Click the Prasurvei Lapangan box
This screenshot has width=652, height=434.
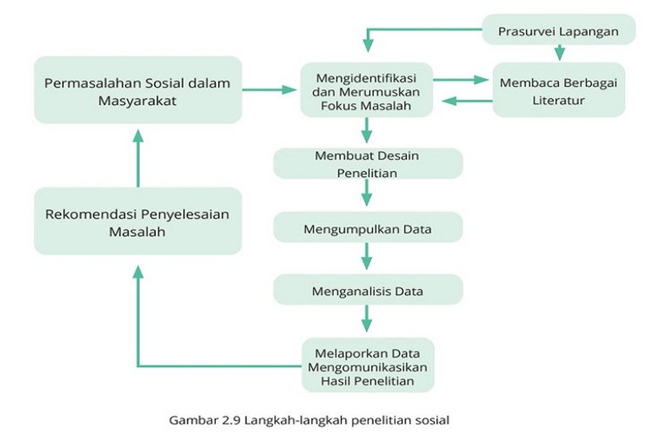click(x=558, y=30)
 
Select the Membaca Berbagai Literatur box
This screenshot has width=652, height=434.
click(x=558, y=90)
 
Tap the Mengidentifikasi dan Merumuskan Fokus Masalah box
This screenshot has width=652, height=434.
click(x=366, y=90)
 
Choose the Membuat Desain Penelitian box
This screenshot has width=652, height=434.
click(x=368, y=164)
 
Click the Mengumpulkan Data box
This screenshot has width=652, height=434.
click(x=368, y=227)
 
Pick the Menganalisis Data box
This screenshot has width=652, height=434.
click(x=368, y=289)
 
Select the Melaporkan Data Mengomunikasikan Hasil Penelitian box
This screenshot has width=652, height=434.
click(x=368, y=365)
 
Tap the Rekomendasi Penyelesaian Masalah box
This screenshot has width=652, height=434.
click(x=138, y=221)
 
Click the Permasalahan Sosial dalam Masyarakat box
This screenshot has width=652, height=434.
click(x=138, y=90)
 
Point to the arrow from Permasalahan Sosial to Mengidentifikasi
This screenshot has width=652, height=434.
click(x=270, y=90)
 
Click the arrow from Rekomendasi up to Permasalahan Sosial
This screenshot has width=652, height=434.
click(x=138, y=158)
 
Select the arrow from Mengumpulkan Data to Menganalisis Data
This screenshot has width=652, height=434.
click(x=366, y=256)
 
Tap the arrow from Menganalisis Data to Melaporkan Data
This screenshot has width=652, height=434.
click(x=366, y=318)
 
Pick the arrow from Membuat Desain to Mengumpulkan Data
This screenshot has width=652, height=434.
click(x=366, y=193)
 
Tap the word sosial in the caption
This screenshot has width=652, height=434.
click(x=432, y=420)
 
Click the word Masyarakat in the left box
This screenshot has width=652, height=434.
click(x=137, y=101)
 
